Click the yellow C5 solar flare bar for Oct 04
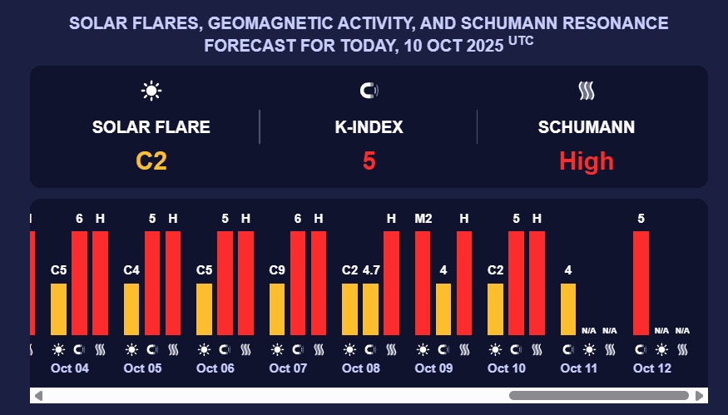pyautogui.click(x=58, y=309)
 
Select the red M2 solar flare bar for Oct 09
pyautogui.click(x=423, y=283)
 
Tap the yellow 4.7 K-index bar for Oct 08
pyautogui.click(x=370, y=309)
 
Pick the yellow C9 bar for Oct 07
pyautogui.click(x=277, y=309)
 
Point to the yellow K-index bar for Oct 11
pyautogui.click(x=568, y=309)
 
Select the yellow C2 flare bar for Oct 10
pyautogui.click(x=495, y=309)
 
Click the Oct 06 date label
pyautogui.click(x=215, y=368)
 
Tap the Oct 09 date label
pyautogui.click(x=433, y=368)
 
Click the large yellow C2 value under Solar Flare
pyautogui.click(x=151, y=161)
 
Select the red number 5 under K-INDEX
pyautogui.click(x=369, y=161)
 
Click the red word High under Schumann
pyautogui.click(x=587, y=161)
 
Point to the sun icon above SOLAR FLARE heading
pyautogui.click(x=151, y=91)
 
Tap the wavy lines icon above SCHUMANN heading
pyautogui.click(x=587, y=91)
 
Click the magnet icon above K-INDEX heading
pyautogui.click(x=369, y=91)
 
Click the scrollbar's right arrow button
pyautogui.click(x=701, y=395)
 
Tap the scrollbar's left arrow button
pyautogui.click(x=38, y=395)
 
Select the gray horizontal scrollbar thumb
pyautogui.click(x=598, y=395)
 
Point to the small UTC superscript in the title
pyautogui.click(x=520, y=41)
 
